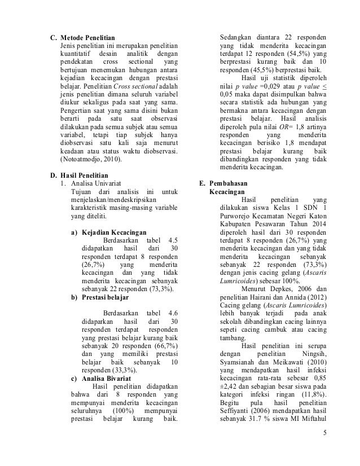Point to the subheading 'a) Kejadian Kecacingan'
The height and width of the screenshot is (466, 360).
108,232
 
